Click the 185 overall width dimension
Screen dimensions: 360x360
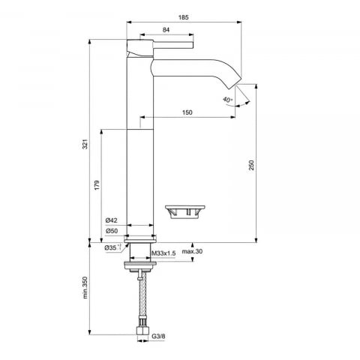click(184, 17)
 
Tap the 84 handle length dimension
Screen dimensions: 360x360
click(166, 30)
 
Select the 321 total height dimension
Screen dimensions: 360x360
click(85, 144)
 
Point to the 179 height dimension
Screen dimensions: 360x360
click(97, 185)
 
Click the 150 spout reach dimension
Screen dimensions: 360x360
click(187, 112)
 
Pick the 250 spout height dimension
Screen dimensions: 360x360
click(251, 165)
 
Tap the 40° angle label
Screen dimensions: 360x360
click(228, 100)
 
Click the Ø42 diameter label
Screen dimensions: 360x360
click(112, 220)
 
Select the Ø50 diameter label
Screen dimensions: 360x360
click(112, 231)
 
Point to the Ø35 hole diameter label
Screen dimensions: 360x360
click(113, 247)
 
